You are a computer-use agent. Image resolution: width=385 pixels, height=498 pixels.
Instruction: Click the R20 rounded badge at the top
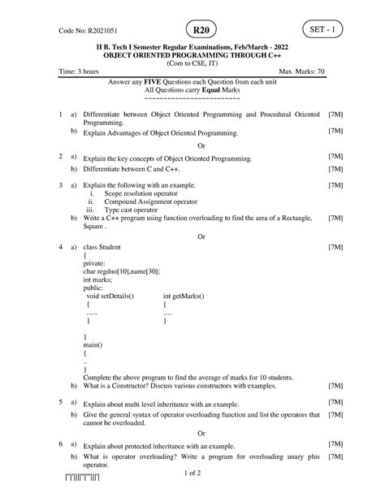(197, 30)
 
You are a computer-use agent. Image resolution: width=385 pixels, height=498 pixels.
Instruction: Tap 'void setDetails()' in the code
(111, 297)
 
